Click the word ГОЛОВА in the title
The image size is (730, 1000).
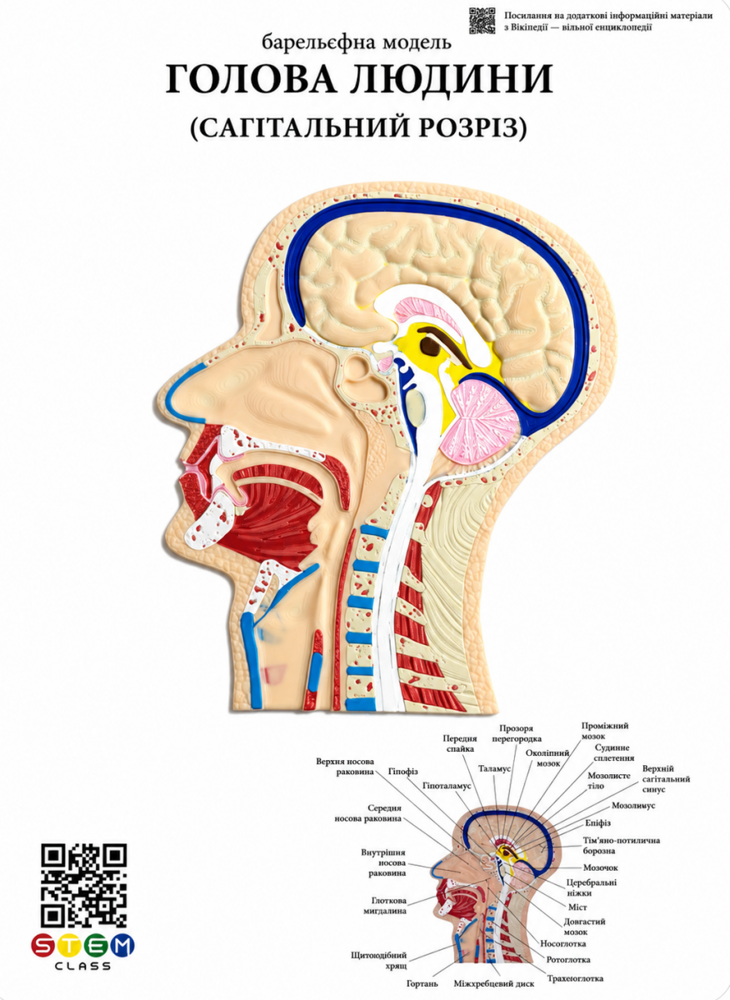252,79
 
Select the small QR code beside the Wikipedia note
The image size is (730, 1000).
482,21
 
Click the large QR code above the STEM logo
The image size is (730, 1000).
84,885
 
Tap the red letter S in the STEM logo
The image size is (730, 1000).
43,944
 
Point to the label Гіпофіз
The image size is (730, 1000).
402,772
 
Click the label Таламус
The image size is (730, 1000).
494,768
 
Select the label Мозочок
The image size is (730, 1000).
601,867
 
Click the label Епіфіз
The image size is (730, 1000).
597,822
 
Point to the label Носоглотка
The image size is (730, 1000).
563,943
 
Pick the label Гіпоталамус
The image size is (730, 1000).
447,786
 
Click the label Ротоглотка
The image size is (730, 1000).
568,959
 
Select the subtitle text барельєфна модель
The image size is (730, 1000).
357,42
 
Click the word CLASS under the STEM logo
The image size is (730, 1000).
82,967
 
